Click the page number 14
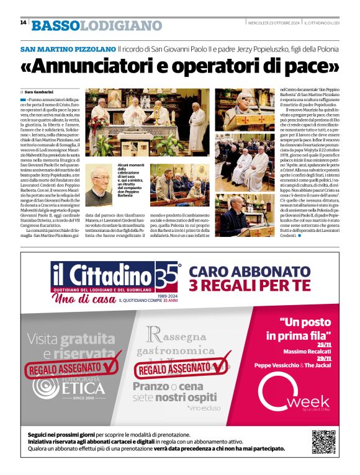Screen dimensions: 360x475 (23, 22)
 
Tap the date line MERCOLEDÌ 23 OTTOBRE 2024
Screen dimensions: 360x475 (283, 23)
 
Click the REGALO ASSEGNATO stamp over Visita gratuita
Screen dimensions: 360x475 (70, 368)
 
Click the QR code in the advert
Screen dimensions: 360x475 (323, 441)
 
